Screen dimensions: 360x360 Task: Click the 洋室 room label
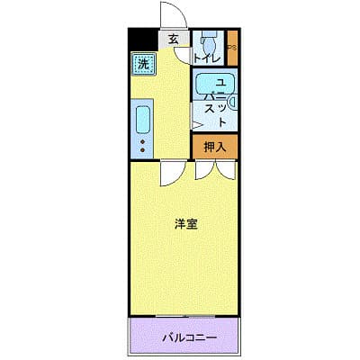[186, 224]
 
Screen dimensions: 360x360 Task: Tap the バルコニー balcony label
[185, 339]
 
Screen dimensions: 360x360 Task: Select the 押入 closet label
[214, 146]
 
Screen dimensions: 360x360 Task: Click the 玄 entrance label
[173, 40]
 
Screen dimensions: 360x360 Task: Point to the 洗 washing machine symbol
[143, 64]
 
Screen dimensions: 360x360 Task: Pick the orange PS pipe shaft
[231, 49]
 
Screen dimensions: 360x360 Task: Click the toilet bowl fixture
[208, 41]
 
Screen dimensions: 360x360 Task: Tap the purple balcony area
[185, 339]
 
